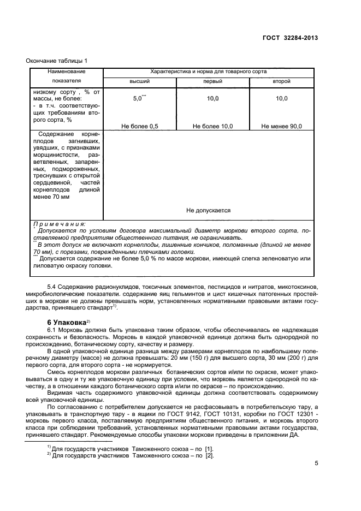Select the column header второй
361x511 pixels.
pos(281,81)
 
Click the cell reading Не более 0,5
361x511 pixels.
pos(139,126)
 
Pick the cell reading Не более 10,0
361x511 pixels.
pos(212,126)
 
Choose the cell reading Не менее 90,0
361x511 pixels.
pos(281,126)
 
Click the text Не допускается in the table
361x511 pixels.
pos(208,210)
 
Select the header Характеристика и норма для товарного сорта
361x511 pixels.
pos(208,72)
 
